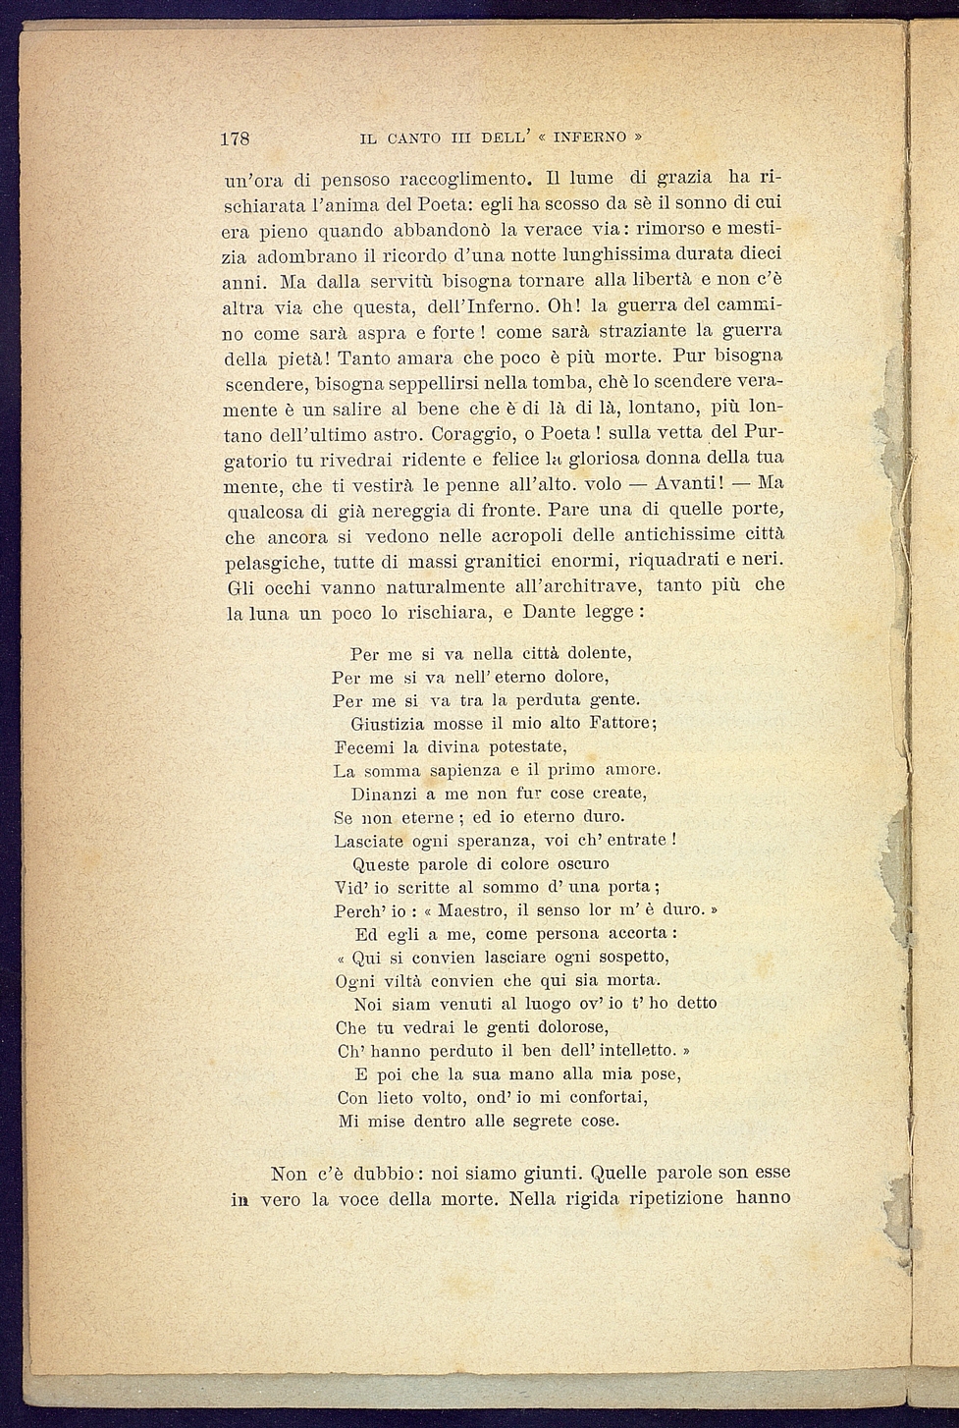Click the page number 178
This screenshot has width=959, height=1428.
[236, 138]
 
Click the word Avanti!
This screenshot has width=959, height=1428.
[690, 484]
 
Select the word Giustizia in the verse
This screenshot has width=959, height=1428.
[391, 724]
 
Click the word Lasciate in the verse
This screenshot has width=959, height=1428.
[367, 841]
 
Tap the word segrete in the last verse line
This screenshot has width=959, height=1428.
[544, 1121]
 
